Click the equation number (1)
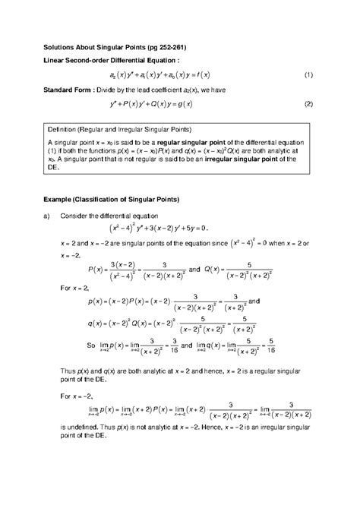[x=309, y=76]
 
